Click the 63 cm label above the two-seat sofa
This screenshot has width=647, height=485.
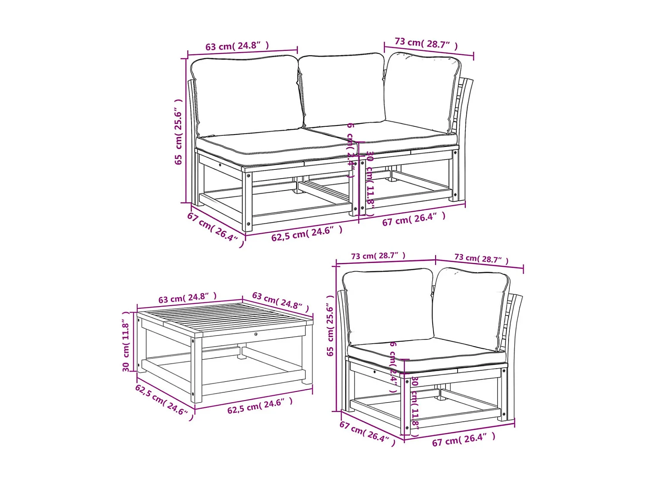237,46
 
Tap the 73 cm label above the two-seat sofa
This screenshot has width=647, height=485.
426,44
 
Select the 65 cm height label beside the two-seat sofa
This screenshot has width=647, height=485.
179,132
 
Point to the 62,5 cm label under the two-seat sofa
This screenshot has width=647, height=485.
307,234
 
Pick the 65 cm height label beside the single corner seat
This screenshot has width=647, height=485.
330,325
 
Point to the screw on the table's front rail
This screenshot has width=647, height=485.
256,334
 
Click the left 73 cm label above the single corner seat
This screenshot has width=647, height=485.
378,256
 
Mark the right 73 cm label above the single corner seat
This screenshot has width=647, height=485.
481,259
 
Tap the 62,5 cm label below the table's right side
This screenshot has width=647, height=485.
260,405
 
